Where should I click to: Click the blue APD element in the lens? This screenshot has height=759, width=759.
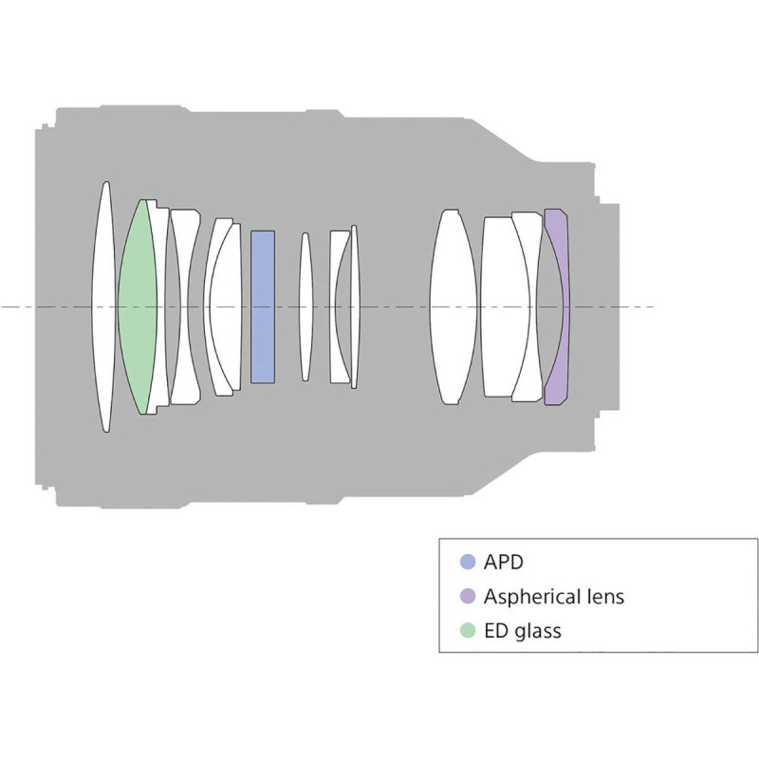263,306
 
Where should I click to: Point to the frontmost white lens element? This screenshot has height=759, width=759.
105,306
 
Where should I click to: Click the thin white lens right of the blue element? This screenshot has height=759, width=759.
305,306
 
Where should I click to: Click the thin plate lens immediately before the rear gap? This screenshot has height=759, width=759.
355,306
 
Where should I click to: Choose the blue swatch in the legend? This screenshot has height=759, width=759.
466,562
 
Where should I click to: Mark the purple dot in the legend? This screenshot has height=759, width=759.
466,597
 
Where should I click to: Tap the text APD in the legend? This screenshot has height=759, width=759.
503,562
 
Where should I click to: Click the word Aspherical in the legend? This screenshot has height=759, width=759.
531,598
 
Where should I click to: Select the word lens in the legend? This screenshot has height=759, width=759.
604,597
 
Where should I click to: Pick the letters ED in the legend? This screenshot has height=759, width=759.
496,631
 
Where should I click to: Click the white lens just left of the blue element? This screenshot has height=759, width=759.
224,306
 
